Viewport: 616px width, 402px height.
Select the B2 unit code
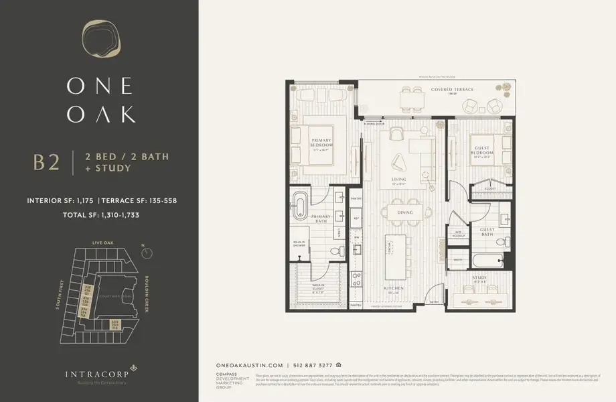(47, 163)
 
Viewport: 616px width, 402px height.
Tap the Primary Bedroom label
(323, 146)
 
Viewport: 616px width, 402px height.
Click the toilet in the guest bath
(506, 219)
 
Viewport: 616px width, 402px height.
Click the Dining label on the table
(404, 212)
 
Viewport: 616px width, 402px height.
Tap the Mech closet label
(459, 259)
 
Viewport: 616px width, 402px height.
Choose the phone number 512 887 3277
(313, 365)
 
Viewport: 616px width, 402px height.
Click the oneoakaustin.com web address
(252, 365)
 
